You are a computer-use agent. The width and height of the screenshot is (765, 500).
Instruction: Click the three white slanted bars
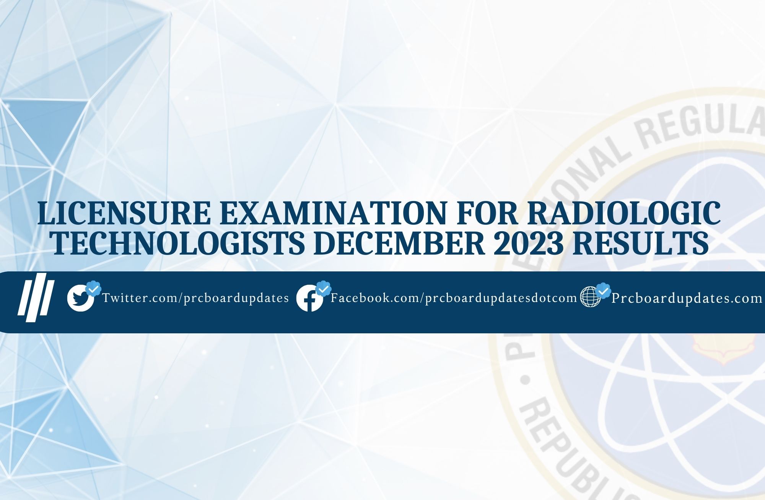[36, 294]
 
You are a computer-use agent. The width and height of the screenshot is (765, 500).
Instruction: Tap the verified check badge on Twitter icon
[93, 289]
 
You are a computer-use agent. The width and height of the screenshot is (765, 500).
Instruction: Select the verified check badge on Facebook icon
[323, 289]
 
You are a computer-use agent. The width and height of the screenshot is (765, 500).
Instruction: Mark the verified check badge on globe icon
[603, 290]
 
